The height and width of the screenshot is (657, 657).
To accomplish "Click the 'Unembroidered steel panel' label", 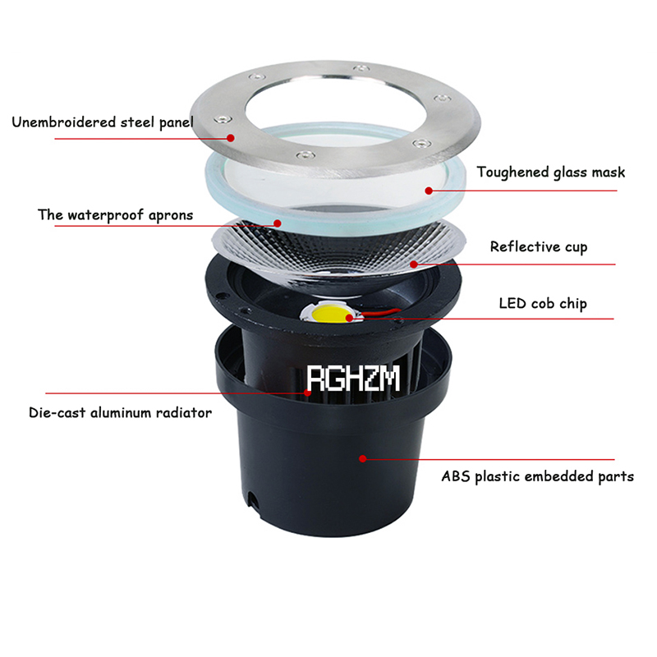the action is [103, 122].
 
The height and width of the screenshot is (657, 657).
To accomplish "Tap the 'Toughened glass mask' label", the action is [551, 172].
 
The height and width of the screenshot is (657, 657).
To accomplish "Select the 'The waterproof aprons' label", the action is [116, 215].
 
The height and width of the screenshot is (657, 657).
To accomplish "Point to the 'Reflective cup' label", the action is [539, 247].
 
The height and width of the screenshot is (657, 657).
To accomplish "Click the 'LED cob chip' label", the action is [543, 303].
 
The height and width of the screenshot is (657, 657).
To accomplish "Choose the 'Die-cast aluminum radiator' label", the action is [120, 413].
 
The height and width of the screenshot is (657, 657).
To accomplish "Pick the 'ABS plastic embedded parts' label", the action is [538, 476].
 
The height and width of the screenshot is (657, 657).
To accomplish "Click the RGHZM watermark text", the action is [353, 379].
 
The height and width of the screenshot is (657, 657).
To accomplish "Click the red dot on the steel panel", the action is [231, 138].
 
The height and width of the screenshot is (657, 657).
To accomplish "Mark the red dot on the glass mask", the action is [429, 191].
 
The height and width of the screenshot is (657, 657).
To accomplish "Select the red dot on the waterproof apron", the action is [277, 223].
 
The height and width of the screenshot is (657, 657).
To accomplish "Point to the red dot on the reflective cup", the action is [414, 264].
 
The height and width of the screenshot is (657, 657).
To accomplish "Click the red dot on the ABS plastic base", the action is [363, 459].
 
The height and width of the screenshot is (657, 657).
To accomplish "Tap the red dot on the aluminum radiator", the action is [307, 393].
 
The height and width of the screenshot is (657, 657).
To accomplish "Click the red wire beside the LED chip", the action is [380, 312].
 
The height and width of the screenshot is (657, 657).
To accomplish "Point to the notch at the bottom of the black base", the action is [253, 498].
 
